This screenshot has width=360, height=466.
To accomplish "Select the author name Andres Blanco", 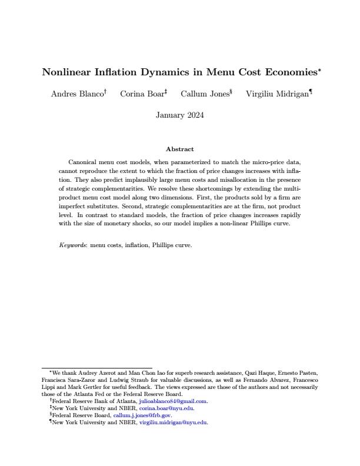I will coord(77,94).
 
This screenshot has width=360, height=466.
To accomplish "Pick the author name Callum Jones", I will coord(204,94).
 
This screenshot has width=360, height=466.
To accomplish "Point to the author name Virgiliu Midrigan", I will coord(277,94).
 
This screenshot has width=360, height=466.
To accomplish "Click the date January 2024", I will coord(180,115).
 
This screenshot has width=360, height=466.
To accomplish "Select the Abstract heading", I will coord(180,149).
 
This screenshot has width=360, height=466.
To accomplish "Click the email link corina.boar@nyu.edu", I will coord(166,408).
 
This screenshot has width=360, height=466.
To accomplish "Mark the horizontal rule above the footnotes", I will coord(96,368).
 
